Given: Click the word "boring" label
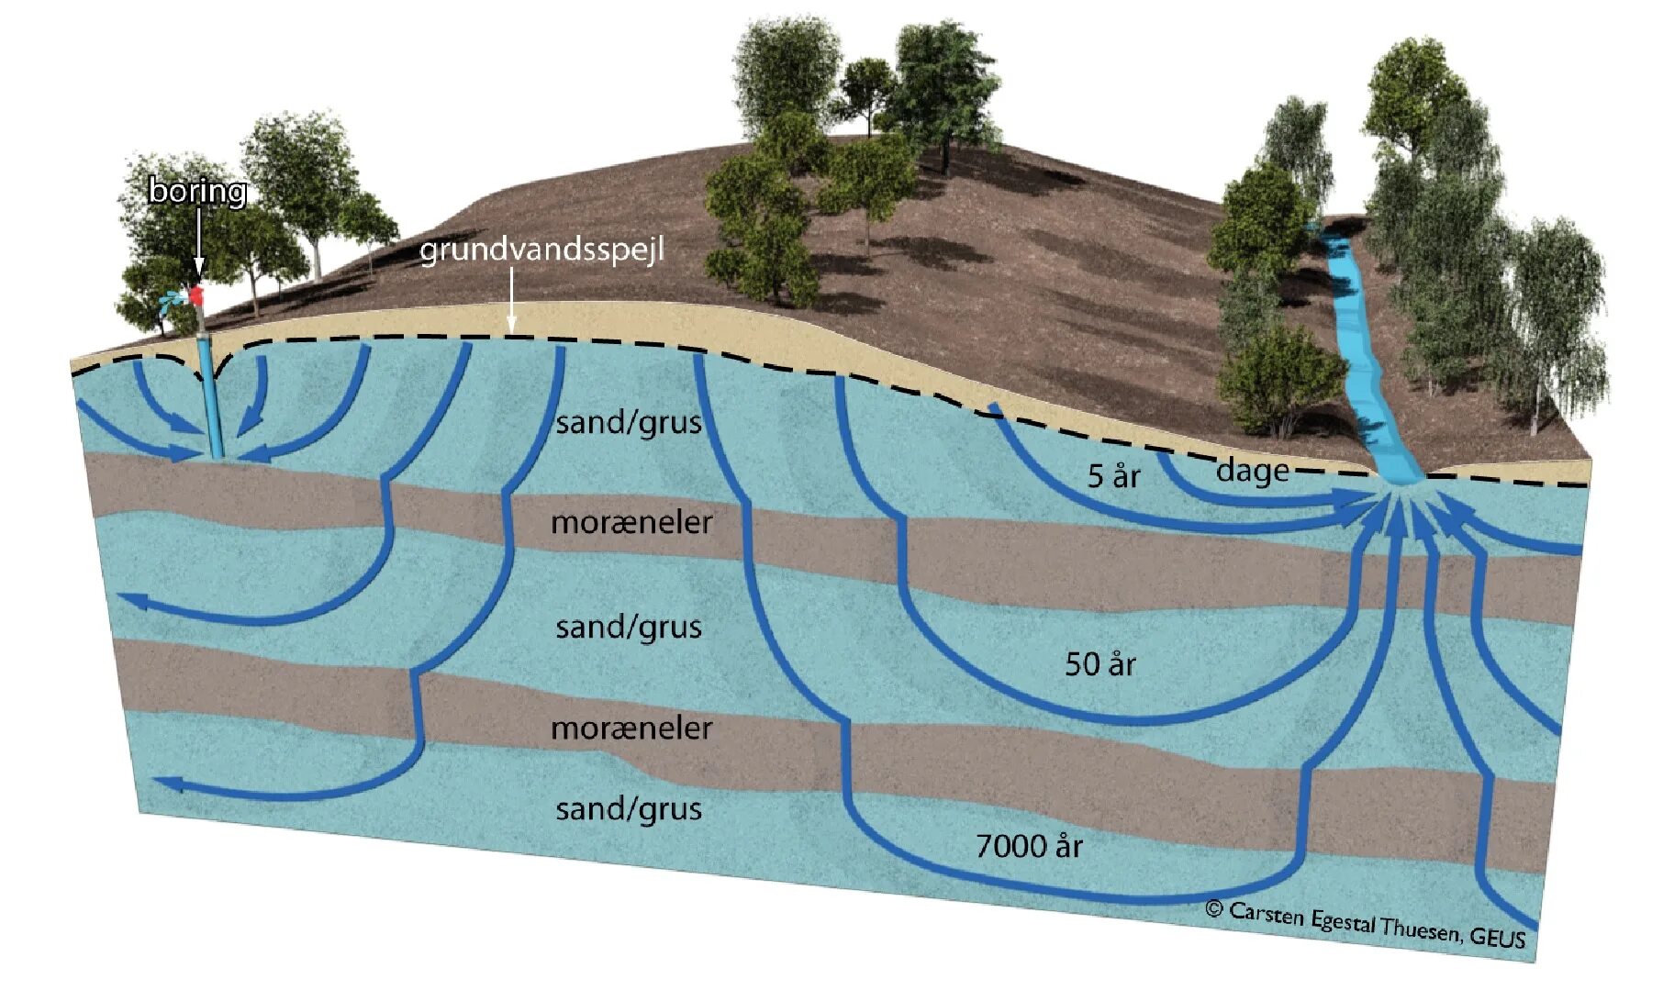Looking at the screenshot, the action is [197, 191].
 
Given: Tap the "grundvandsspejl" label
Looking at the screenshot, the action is [541, 250].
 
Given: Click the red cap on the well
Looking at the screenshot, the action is [195, 295].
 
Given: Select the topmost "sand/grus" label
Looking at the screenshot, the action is [629, 422].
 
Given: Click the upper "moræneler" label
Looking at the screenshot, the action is [631, 522].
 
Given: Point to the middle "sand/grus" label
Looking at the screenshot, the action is [629, 627].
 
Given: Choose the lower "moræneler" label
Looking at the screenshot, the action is [631, 728].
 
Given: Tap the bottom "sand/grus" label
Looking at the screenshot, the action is [629, 808].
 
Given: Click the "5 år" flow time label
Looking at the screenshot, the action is [1113, 475].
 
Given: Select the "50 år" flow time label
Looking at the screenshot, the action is [1099, 663].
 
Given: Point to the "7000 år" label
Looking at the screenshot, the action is [1029, 845].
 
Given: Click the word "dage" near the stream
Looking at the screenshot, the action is [1252, 471].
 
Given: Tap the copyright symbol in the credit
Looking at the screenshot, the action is [1214, 908].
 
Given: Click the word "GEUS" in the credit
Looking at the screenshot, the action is [1497, 937].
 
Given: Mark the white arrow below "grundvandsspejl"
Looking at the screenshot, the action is [512, 308].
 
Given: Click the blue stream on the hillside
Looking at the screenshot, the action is [1363, 367].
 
